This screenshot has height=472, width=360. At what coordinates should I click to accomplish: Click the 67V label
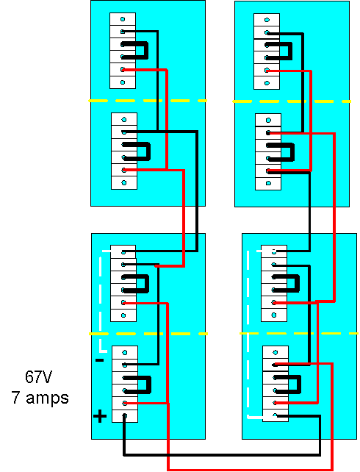(x=38, y=377)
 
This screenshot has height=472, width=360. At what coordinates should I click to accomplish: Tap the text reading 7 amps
(x=40, y=397)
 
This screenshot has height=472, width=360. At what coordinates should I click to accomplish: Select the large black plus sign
(x=99, y=416)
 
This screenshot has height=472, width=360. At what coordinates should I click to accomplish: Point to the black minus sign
(x=99, y=360)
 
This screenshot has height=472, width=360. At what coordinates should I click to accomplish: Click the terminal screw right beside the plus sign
(x=125, y=415)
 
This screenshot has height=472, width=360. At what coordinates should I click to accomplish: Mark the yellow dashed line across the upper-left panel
(x=148, y=101)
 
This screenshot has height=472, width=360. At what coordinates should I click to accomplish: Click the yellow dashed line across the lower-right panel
(x=299, y=333)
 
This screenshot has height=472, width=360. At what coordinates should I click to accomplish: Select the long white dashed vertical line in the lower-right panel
(x=248, y=334)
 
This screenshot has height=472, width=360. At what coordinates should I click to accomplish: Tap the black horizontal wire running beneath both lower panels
(x=222, y=454)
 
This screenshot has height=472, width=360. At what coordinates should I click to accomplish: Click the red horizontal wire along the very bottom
(x=251, y=469)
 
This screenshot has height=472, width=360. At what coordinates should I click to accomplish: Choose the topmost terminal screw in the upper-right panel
(x=267, y=20)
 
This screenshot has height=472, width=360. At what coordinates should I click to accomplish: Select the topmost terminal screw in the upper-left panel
(x=123, y=19)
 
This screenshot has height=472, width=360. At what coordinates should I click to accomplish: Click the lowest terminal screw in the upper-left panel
(x=124, y=183)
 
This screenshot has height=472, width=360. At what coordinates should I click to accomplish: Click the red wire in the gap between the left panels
(x=184, y=220)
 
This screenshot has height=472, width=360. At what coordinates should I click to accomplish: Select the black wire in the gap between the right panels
(x=309, y=220)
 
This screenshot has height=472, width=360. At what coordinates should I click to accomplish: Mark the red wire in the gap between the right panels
(x=334, y=220)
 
